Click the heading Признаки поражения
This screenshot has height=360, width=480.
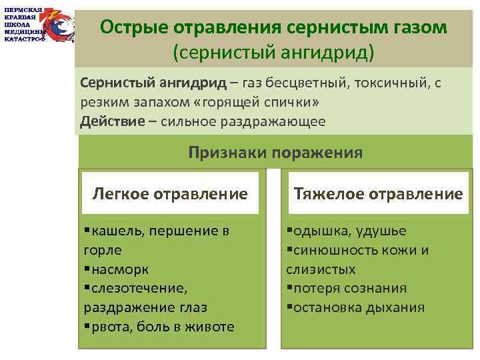point(275,153)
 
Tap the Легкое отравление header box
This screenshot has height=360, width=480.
point(170,193)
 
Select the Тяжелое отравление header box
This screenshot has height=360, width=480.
point(378,193)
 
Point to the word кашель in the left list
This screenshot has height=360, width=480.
point(117,231)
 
